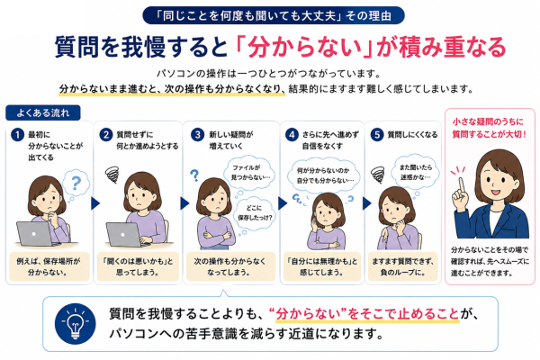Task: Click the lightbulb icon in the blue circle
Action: [75, 324]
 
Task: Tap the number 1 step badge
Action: [17, 135]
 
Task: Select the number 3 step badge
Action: [198, 134]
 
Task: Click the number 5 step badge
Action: [377, 134]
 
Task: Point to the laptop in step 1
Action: [35, 234]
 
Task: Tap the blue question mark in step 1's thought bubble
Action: [76, 183]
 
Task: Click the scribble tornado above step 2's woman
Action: [112, 174]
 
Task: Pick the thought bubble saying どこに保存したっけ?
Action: [255, 213]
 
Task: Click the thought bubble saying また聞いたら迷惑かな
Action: [416, 172]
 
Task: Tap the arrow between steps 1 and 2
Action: [95, 203]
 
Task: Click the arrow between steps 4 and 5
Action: [367, 203]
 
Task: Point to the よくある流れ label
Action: [43, 112]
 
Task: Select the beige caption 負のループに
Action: [402, 266]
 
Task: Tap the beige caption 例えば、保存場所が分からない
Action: [49, 266]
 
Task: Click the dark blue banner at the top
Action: [274, 15]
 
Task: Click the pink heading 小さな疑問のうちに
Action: [488, 121]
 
